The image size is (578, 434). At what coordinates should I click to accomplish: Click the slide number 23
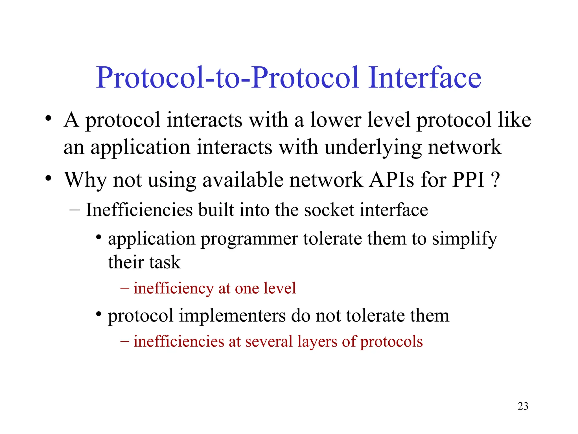[523, 406]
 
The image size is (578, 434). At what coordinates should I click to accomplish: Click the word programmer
[249, 239]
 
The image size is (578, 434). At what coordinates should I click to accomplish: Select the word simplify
[465, 239]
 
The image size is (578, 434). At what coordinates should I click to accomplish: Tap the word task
[165, 262]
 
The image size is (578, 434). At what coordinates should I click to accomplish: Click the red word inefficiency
[174, 288]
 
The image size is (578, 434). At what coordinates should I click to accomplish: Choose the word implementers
[232, 316]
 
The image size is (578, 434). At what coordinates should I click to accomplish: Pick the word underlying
[373, 147]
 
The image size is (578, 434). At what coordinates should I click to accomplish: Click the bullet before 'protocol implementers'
[98, 314]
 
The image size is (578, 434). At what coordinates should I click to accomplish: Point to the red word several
[269, 342]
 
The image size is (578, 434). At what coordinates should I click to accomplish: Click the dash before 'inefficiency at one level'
[125, 288]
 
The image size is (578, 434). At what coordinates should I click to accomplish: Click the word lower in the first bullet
[336, 120]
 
